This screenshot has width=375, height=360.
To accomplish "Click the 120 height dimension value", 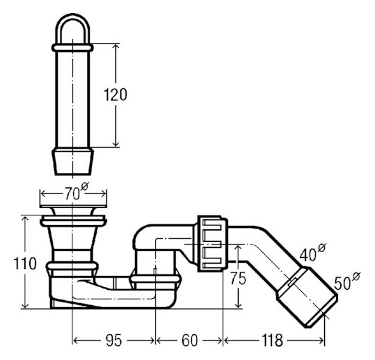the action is [x=115, y=95].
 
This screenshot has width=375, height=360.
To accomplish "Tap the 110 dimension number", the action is [x=25, y=263].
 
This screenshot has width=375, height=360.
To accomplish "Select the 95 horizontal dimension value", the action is [x=114, y=340].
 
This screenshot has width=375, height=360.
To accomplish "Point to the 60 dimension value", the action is [x=190, y=340].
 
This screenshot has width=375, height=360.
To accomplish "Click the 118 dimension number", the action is [x=273, y=340].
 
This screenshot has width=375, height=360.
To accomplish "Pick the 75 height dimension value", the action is [x=238, y=278].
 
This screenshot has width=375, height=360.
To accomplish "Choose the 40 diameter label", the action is [x=313, y=252].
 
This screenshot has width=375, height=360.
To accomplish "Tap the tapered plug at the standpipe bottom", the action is [x=72, y=161].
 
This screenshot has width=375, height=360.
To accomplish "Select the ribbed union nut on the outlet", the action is [x=212, y=244].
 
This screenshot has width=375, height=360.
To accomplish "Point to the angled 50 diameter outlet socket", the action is [x=308, y=297].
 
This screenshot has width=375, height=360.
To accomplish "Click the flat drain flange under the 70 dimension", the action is [x=73, y=206].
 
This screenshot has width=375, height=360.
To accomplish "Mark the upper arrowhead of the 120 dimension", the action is [x=115, y=47].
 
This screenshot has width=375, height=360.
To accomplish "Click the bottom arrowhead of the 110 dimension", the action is [x=25, y=304].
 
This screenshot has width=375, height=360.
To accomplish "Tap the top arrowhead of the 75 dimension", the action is [x=238, y=248].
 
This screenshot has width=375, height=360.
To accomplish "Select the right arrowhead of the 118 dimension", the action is [x=321, y=340].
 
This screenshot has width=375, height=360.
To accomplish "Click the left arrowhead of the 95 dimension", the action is [x=77, y=340].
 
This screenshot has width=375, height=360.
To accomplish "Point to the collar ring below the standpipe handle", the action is [x=72, y=47].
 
